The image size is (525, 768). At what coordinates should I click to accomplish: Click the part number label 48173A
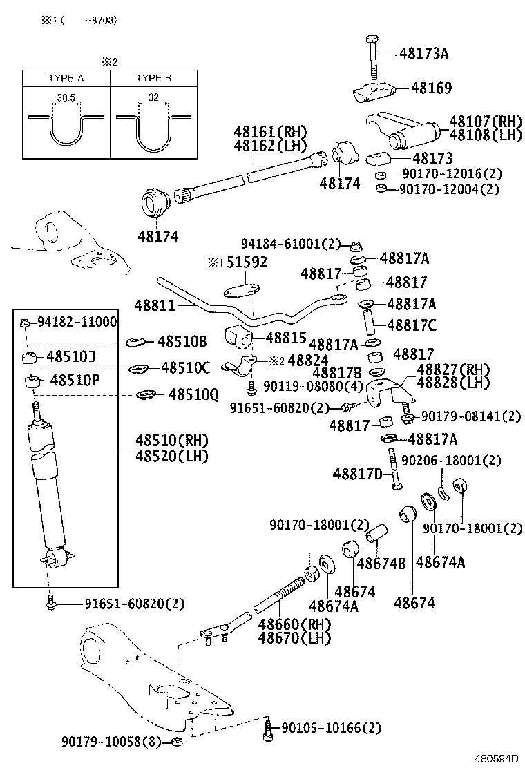pyautogui.click(x=423, y=53)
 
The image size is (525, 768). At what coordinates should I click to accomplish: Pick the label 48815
pyautogui.click(x=286, y=338)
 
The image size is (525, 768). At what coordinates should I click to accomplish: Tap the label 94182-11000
pyautogui.click(x=77, y=322)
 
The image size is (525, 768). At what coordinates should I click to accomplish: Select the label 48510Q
pyautogui.click(x=193, y=394)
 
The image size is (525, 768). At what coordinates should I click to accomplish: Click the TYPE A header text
pyautogui.click(x=66, y=78)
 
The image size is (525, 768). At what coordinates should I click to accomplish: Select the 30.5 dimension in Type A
pyautogui.click(x=66, y=98)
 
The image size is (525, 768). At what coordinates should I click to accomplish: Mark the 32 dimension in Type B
pyautogui.click(x=153, y=98)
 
